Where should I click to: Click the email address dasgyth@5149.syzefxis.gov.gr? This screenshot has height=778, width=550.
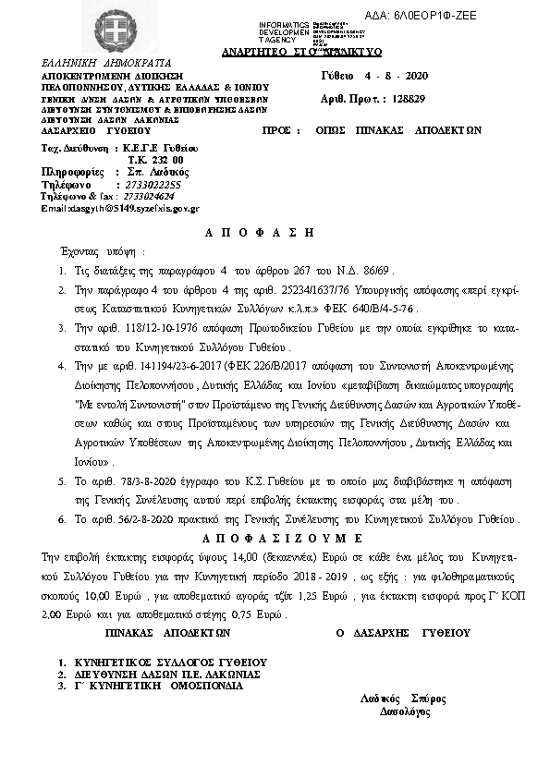click(x=120, y=209)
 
